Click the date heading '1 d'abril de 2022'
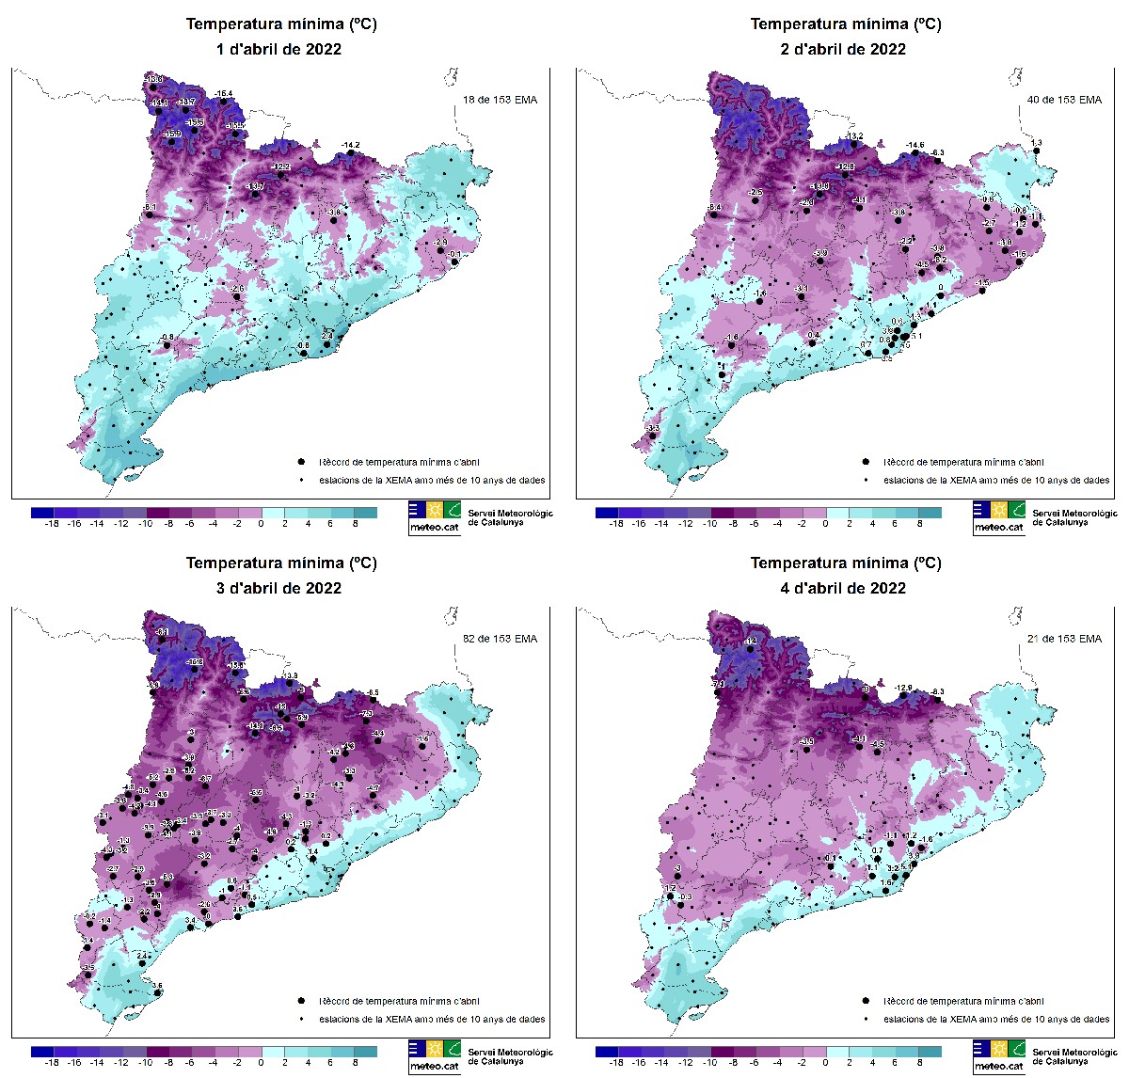coord(278,49)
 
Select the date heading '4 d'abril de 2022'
coord(843,588)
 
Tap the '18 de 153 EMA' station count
coord(500,100)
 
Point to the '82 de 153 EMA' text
coord(500,639)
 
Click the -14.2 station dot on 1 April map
coord(351,151)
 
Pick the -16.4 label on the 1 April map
coord(224,93)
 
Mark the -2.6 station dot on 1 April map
coord(237,297)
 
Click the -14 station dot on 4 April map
coord(750,649)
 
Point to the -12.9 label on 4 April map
coord(903,689)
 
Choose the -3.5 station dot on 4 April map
coord(807,750)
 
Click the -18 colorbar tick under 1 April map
coord(53,523)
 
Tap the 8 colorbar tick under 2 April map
coord(919,523)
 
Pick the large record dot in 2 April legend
coord(865,462)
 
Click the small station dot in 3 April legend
coord(300,1019)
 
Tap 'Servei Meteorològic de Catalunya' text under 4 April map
coord(1074,1056)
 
